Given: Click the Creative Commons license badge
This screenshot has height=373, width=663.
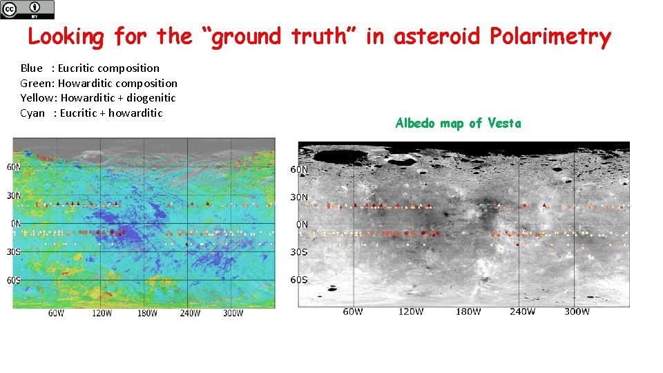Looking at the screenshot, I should point(27,9).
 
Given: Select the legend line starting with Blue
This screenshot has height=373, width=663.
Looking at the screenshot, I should point(90,68).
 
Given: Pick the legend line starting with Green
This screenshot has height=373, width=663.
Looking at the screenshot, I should point(99,83).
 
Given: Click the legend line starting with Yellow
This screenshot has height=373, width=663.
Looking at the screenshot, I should point(98,98).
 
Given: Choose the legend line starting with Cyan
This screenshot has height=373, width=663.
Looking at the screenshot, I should point(91,113).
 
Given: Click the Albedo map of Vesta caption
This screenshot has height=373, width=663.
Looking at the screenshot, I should point(458,124).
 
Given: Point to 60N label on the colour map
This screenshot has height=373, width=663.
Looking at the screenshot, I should point(13,167).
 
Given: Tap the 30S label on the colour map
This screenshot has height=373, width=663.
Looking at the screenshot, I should point(13,251).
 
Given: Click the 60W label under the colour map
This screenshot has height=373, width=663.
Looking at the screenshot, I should point(57,314).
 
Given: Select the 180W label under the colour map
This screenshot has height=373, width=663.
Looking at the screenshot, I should point(147,314).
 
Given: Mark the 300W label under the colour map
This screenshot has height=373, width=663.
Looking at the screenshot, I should point(233,314).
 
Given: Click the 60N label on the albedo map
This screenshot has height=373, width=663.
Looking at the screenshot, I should point(299,170).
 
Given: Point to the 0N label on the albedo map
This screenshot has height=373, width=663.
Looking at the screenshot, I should point(302,224).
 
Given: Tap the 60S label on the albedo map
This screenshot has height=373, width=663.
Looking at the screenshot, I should point(299,280).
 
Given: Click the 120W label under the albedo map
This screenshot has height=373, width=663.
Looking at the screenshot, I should point(410,312).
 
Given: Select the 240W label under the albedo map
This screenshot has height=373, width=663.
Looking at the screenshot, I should point(522,312).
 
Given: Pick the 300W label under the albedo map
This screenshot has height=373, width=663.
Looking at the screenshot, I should point(577,312).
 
